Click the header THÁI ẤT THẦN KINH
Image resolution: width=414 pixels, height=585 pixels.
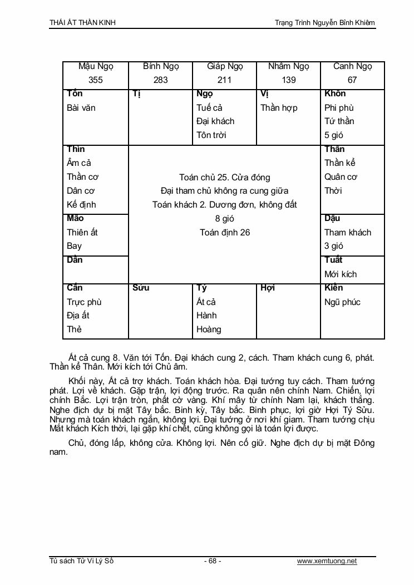[83, 22]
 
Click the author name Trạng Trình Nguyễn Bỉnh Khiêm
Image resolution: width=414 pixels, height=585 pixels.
[325, 22]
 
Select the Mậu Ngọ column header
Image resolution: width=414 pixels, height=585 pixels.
[96, 66]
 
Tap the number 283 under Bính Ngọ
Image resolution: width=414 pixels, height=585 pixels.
[160, 80]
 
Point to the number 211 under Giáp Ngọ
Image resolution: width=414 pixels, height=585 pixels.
[224, 80]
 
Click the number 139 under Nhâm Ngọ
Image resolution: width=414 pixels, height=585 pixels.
[289, 80]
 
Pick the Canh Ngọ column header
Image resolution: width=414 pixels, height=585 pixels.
[352, 66]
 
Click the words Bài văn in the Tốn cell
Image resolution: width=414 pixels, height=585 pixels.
[81, 108]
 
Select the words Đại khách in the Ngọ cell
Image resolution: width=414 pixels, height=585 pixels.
[215, 121]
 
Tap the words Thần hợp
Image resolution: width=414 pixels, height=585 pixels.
[279, 108]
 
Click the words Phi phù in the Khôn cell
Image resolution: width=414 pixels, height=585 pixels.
[339, 108]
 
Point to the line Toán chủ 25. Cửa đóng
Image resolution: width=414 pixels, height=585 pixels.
[225, 178]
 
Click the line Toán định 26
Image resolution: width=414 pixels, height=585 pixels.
[225, 233]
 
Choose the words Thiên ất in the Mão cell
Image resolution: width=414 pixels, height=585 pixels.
[82, 233]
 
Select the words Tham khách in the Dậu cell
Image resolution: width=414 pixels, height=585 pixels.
[348, 233]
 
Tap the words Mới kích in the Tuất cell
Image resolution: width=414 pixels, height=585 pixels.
[341, 274]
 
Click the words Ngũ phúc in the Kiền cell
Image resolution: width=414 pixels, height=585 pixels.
[342, 302]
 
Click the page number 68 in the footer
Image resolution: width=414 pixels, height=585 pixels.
[212, 561]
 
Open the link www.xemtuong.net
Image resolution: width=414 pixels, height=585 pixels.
[327, 561]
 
